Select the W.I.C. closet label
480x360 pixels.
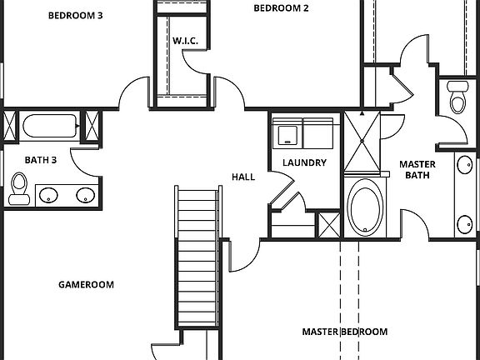(184, 41)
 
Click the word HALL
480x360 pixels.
(242, 177)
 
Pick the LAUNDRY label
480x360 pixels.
(304, 162)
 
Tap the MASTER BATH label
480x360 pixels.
(417, 169)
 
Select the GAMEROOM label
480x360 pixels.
(86, 284)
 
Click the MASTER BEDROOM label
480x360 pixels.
(344, 332)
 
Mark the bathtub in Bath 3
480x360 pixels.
(51, 127)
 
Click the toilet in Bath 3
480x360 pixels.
(18, 187)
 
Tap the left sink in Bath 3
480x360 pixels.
(50, 196)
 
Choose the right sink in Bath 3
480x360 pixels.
(85, 196)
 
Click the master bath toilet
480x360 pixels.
(457, 98)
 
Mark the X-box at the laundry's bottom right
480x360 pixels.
(329, 224)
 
